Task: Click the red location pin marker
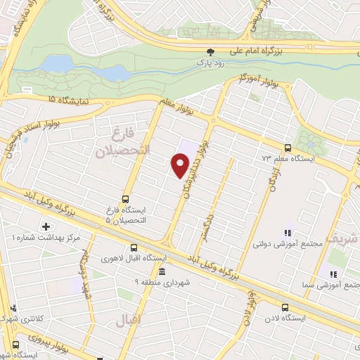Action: pos(181,165)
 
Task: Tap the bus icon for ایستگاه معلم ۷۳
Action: pos(287,148)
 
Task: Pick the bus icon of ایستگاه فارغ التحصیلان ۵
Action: pos(125,198)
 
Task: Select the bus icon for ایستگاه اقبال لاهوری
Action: pos(134,247)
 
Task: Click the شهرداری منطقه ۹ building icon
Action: pos(162,272)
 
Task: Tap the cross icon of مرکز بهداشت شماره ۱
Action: pos(46,226)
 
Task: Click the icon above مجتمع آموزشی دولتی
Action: pos(287,233)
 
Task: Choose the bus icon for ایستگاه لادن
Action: pos(285,307)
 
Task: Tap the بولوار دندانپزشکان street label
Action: pos(195,165)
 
